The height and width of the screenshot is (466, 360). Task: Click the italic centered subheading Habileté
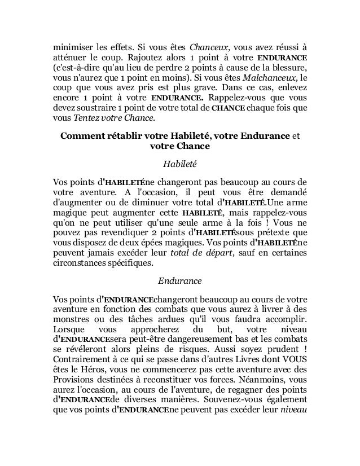coord(179,165)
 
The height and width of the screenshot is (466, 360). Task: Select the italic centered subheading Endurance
coord(179,280)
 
